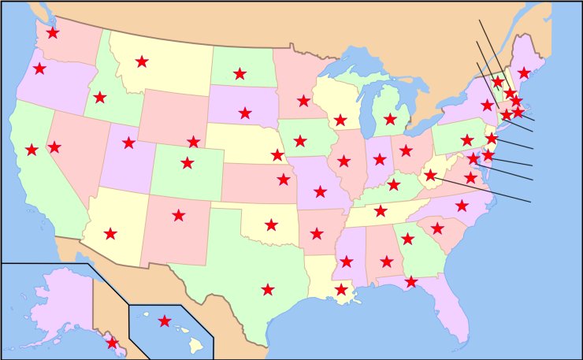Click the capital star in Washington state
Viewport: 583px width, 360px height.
53,33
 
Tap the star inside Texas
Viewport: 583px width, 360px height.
268,290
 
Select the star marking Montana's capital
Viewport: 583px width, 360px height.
142,61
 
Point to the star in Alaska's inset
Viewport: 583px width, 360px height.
112,343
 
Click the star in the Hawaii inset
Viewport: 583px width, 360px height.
164,321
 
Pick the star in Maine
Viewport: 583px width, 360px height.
524,73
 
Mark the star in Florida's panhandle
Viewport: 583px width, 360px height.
410,281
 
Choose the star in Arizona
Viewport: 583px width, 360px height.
110,233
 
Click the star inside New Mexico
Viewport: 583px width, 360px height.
179,215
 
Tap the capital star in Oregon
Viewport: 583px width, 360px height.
39,69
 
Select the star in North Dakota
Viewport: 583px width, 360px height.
240,74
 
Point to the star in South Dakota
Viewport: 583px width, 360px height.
245,113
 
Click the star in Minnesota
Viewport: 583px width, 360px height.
303,101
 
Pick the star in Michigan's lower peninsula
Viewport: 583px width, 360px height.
390,119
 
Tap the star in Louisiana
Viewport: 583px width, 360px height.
340,290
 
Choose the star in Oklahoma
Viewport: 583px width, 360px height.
271,225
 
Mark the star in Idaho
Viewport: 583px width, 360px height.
99,98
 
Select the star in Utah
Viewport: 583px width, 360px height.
129,143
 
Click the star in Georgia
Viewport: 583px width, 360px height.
407,239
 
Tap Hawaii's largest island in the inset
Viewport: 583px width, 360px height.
196,344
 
